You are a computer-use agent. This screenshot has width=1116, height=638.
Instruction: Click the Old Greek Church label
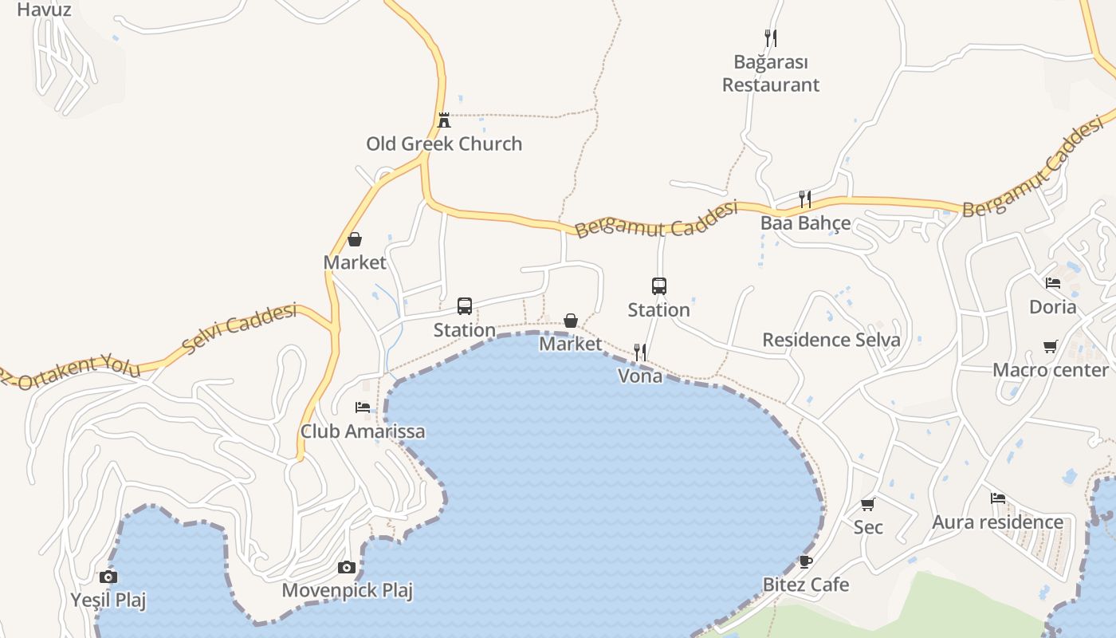(x=444, y=144)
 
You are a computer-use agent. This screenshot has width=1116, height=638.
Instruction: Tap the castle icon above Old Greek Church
(x=444, y=120)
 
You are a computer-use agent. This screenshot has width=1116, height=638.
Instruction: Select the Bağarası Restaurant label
(x=771, y=73)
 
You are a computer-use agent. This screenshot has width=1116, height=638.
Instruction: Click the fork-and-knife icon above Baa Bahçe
(x=805, y=199)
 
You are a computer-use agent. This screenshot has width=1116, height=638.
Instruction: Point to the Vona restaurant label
(x=640, y=376)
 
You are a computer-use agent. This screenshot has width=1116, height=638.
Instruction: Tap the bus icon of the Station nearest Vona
(x=659, y=286)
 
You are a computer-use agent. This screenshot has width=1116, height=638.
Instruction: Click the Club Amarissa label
(x=363, y=431)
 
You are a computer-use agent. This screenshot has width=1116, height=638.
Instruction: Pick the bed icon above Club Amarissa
(x=363, y=408)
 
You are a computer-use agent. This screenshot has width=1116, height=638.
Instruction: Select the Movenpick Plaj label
(x=348, y=591)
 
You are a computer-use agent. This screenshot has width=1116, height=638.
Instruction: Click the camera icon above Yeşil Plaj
(x=108, y=577)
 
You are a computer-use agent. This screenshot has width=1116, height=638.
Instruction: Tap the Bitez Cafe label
(x=806, y=585)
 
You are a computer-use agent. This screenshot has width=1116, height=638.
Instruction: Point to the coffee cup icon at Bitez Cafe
(x=806, y=561)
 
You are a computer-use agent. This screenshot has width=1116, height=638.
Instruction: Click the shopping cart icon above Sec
(x=868, y=504)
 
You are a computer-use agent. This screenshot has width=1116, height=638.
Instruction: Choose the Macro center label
(x=1051, y=370)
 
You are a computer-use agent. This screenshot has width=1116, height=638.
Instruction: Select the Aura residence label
(x=998, y=522)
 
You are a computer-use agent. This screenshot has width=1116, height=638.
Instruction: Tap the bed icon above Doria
(x=1053, y=283)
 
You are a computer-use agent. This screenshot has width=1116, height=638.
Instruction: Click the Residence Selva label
(x=831, y=340)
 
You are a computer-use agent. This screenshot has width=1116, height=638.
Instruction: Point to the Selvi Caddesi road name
(x=238, y=328)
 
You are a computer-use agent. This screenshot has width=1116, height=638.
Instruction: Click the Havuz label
(x=44, y=10)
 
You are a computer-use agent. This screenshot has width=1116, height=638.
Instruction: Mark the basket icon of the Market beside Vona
(x=571, y=321)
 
